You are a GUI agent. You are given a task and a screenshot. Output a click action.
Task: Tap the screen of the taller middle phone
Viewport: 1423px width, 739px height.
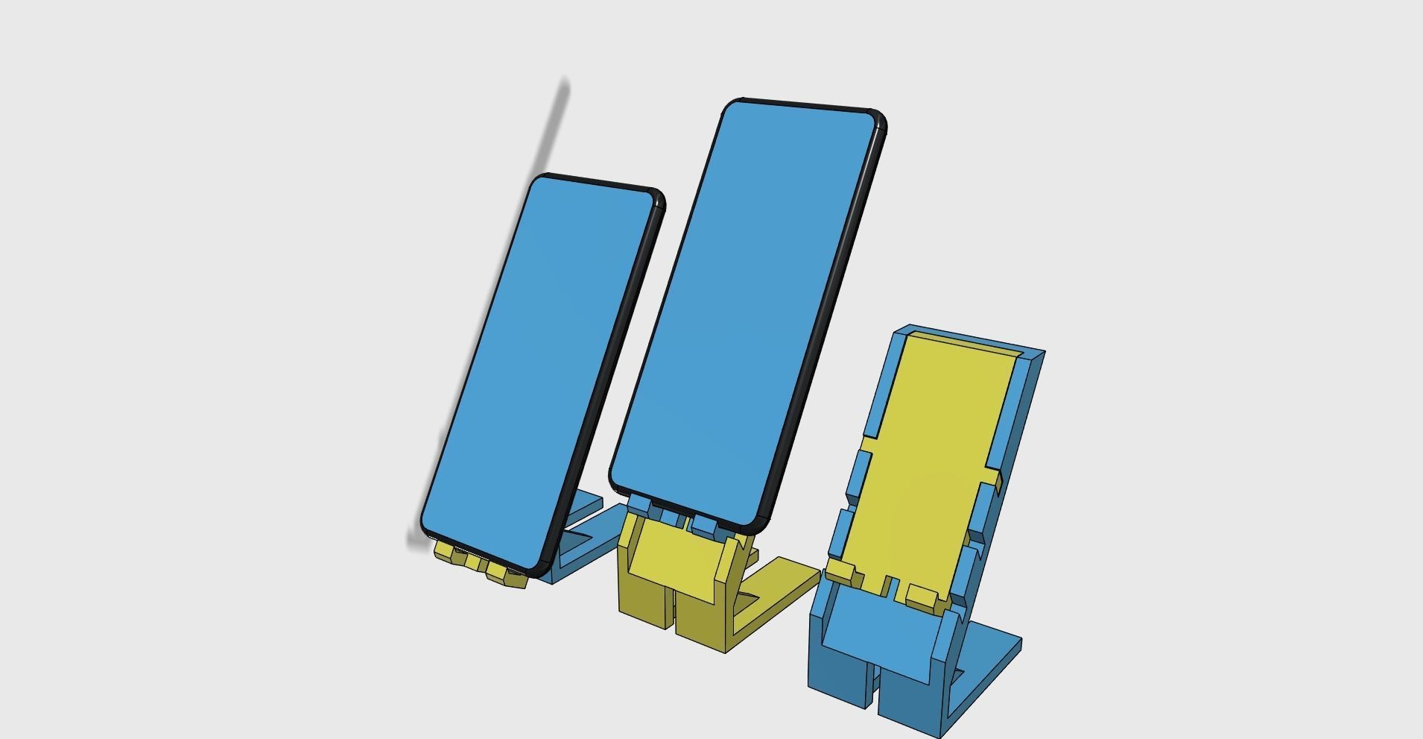pos(745,313)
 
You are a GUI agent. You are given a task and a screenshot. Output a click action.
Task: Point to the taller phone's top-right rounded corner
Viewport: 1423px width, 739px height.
pos(877,119)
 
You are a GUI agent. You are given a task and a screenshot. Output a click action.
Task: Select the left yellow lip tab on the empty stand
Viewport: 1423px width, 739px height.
pos(840,572)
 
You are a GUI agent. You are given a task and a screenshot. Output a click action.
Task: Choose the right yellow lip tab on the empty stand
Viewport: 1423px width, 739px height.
pos(922,595)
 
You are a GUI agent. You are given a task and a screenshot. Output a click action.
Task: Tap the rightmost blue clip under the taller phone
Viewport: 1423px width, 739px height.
pos(704,524)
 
